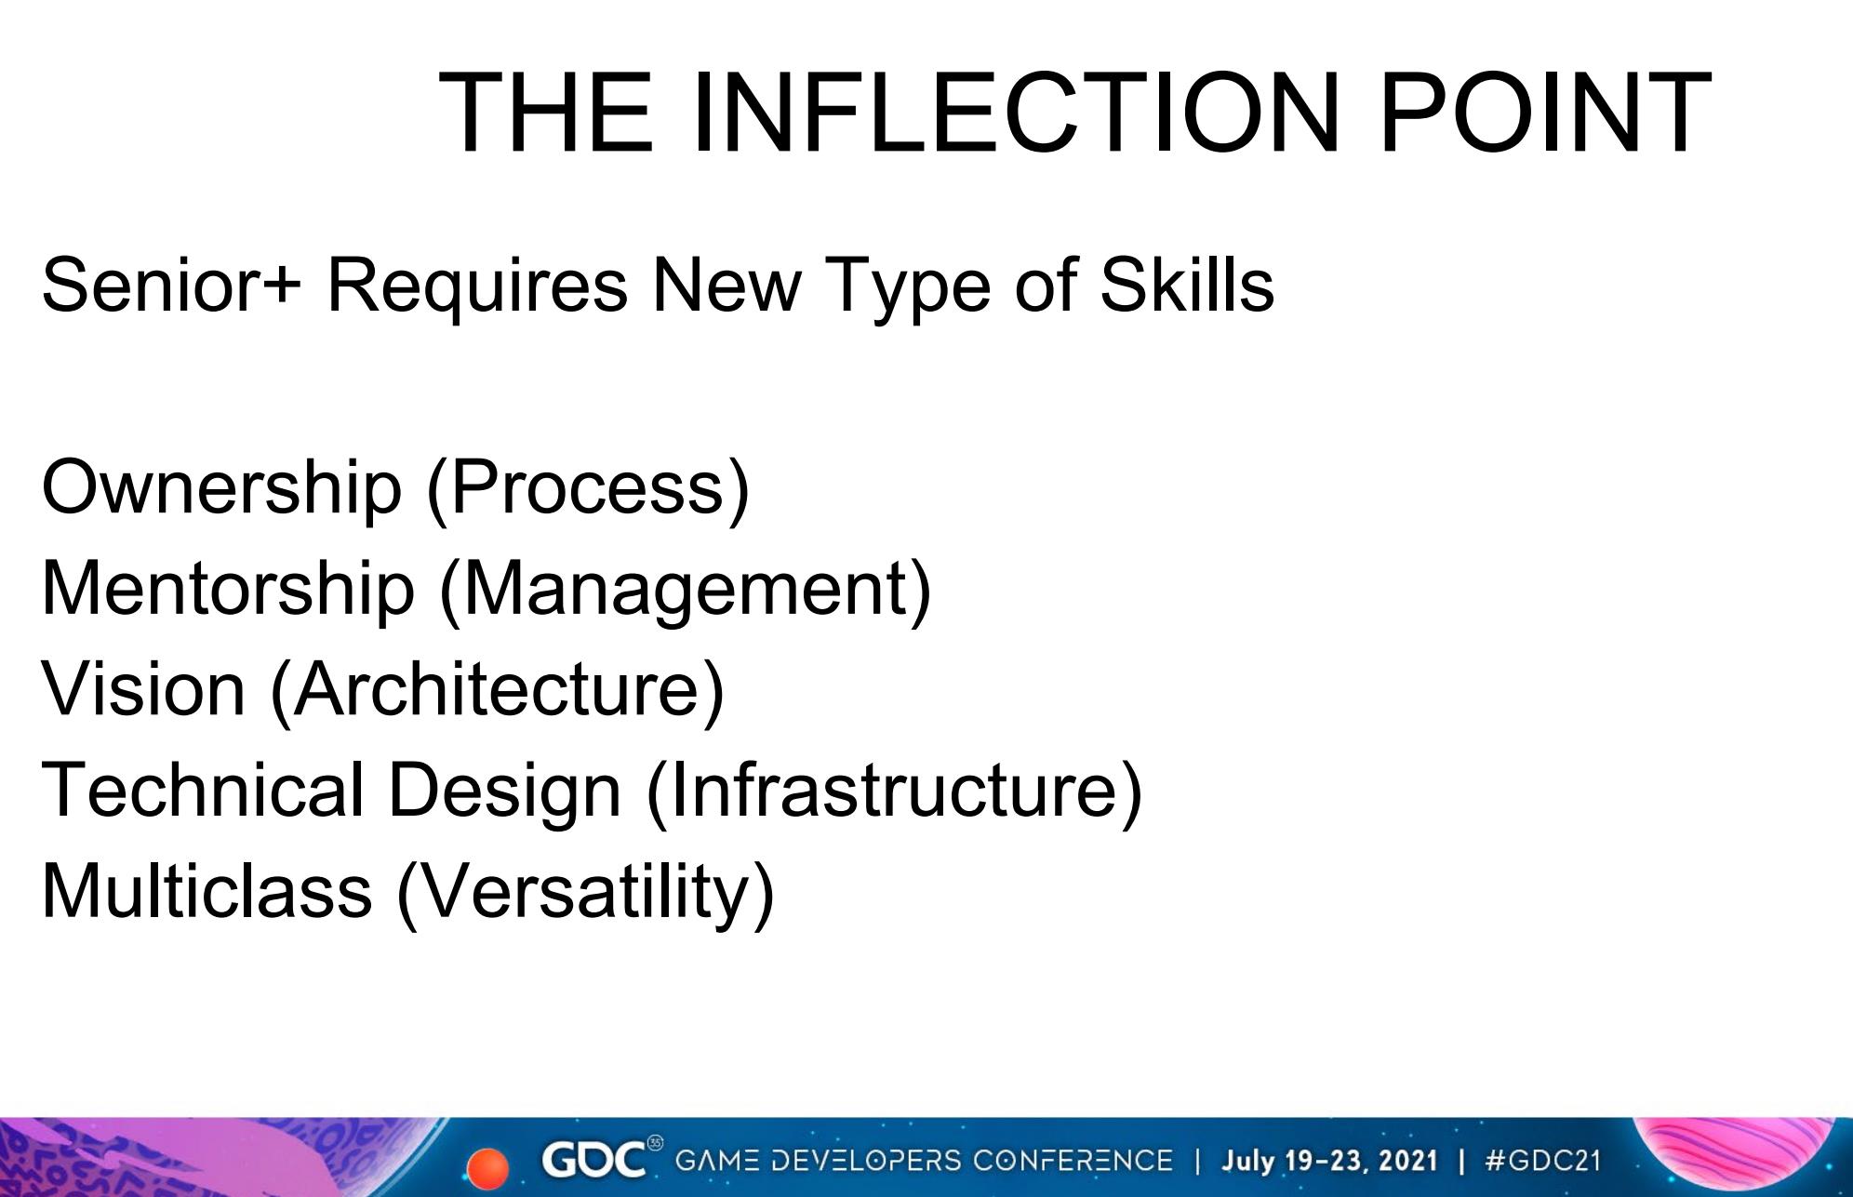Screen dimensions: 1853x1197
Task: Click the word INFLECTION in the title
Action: coord(1015,113)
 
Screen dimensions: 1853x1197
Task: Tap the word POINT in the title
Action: coord(1545,113)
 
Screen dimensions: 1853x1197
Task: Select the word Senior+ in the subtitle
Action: coord(172,285)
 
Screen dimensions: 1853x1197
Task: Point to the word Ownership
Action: coord(221,488)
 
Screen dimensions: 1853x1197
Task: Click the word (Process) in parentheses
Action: coord(588,489)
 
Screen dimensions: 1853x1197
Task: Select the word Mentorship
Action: coord(228,589)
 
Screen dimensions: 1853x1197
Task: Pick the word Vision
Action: coord(144,689)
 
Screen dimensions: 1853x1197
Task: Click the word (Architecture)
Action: coord(498,691)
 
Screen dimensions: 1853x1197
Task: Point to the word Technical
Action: coord(202,790)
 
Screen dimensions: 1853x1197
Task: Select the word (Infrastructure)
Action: coord(894,791)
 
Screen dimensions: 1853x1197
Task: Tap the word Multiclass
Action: coord(207,891)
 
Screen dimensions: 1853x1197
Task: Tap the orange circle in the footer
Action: coord(487,1168)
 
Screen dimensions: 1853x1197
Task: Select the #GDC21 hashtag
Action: coord(1543,1161)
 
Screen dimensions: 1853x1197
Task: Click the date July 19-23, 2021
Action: coord(1329,1161)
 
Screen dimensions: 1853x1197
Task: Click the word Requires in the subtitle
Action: coord(477,285)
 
